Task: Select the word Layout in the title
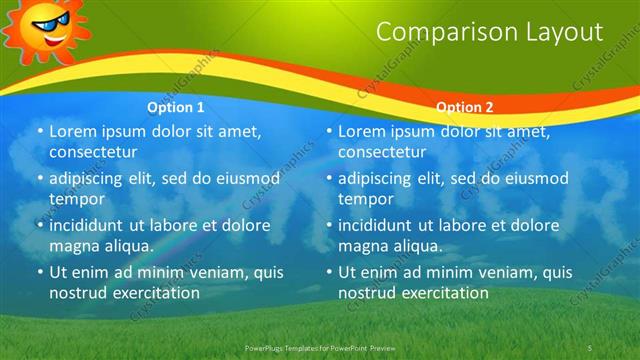[565, 32]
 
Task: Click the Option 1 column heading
[176, 107]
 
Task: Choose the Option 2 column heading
[465, 107]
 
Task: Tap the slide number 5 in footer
[590, 347]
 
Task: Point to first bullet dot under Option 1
[39, 132]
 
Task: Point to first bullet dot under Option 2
[329, 132]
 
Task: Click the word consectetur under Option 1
[93, 152]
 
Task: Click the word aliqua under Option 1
[126, 246]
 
